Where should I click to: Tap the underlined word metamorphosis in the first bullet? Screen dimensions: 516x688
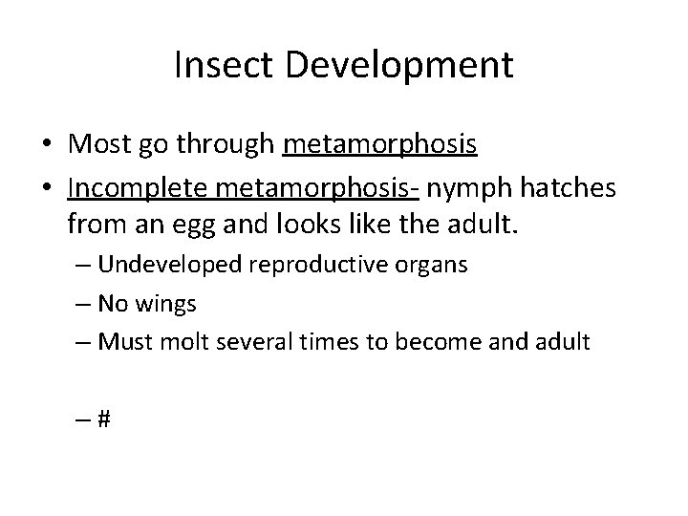380,146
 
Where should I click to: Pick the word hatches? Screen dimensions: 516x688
570,188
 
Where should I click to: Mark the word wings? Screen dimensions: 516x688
164,305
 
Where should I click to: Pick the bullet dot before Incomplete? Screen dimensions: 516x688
47,189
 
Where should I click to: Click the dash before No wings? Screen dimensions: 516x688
79,305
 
